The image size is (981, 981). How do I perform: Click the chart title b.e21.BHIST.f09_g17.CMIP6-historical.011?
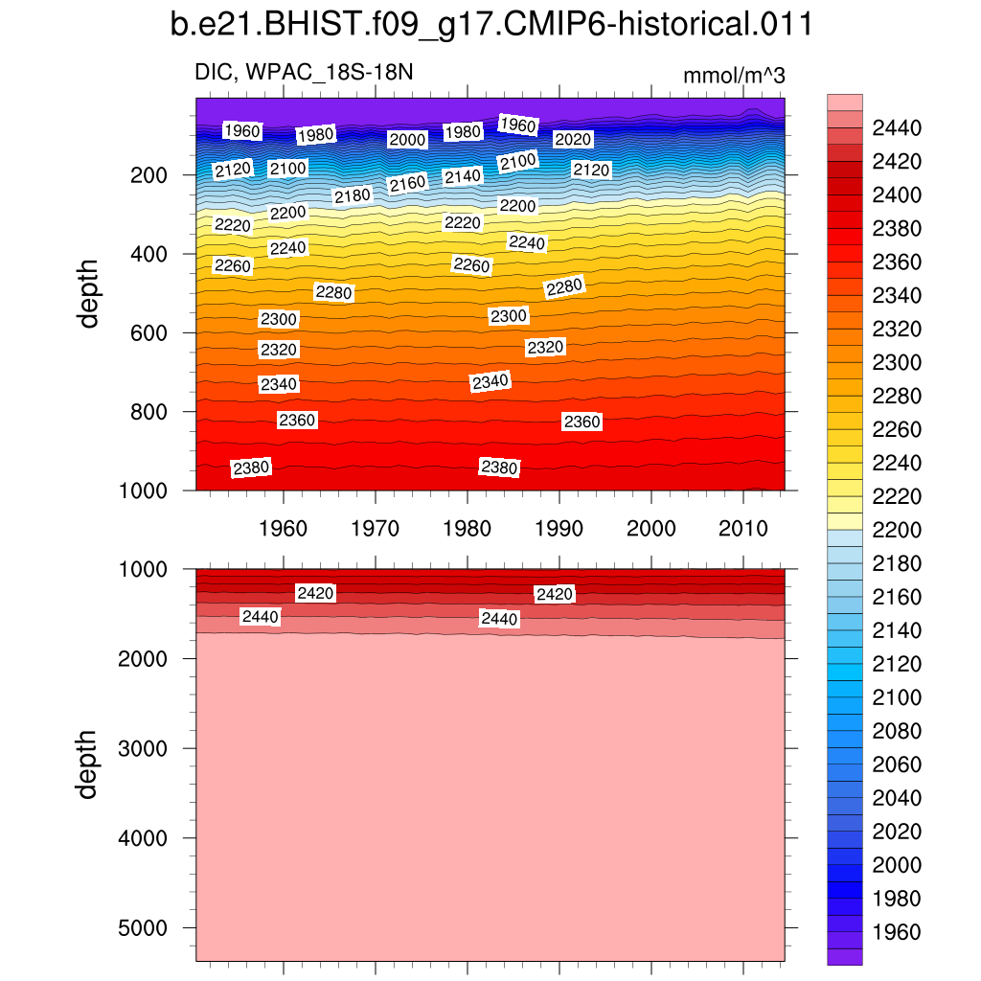[490, 26]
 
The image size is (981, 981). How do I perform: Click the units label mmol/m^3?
[734, 76]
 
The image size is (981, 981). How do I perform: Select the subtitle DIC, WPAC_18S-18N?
[305, 74]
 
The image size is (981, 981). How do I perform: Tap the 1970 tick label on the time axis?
[375, 528]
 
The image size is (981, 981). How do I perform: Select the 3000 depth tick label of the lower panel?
[143, 748]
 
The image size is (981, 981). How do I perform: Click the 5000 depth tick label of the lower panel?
[143, 928]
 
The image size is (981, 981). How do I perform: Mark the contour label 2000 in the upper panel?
[407, 140]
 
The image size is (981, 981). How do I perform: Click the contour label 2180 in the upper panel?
[352, 196]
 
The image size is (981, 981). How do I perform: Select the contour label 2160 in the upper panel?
[407, 183]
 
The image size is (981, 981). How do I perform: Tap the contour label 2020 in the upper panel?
[574, 140]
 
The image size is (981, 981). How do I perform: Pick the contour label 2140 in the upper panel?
[463, 176]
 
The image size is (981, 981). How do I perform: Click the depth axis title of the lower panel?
[89, 764]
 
